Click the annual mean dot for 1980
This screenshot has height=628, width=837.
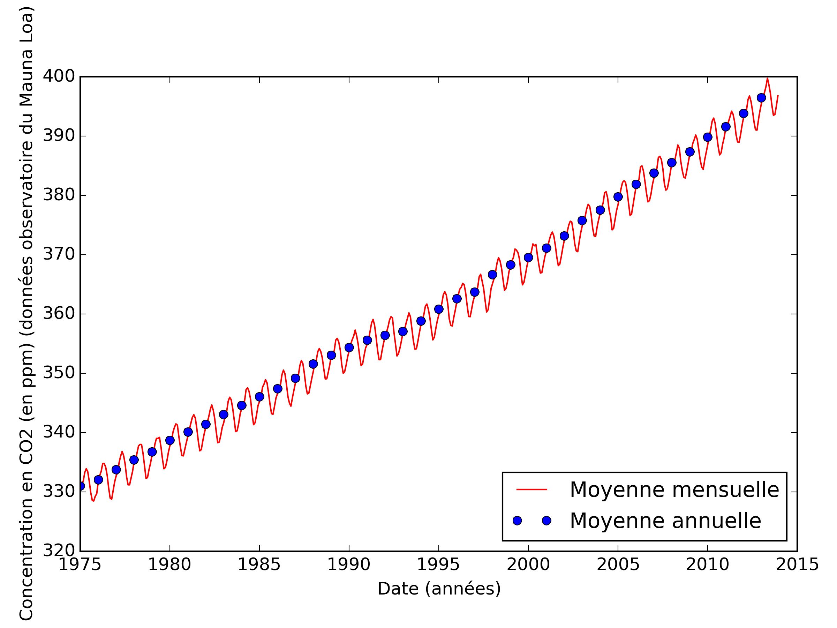click(x=170, y=440)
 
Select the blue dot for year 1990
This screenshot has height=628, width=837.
click(x=349, y=347)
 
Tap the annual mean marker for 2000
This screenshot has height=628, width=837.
click(x=528, y=257)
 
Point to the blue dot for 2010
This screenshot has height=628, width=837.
click(x=708, y=137)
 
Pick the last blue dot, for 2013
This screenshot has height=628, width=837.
click(x=761, y=98)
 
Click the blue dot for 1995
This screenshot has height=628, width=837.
click(x=439, y=309)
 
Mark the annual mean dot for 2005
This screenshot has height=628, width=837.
click(x=618, y=197)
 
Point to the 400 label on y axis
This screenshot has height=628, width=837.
click(x=59, y=76)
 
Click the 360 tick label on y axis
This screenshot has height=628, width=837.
click(x=59, y=313)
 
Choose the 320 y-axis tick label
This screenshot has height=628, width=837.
click(x=59, y=551)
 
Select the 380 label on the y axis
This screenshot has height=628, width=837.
click(x=59, y=195)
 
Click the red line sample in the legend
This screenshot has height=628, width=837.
click(x=531, y=489)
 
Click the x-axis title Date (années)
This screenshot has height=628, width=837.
click(x=439, y=589)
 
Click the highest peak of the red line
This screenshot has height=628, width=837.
click(x=767, y=79)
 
